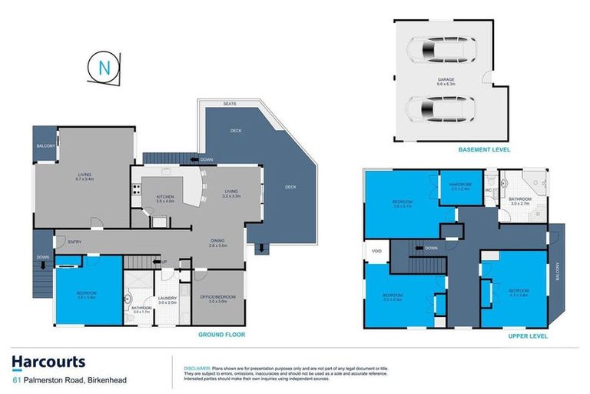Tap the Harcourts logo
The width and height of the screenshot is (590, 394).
tap(48, 362)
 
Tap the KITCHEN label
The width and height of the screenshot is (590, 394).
tap(165, 198)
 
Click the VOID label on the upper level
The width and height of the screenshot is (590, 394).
tap(376, 251)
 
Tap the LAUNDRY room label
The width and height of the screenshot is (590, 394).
tap(167, 299)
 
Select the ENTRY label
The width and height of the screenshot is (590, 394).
tap(74, 242)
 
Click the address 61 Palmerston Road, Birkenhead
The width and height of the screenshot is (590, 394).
tap(68, 380)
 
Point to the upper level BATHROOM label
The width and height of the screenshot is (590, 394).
tap(519, 199)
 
